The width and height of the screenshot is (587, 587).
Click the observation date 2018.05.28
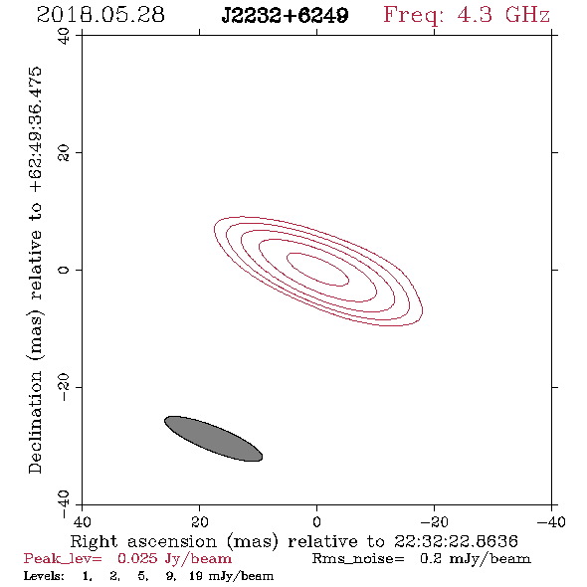click(x=100, y=15)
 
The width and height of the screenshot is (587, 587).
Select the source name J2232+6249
click(x=285, y=15)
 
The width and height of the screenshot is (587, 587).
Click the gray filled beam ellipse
click(x=213, y=439)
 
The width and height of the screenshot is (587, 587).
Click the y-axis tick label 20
click(x=64, y=153)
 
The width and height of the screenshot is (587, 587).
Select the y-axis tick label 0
click(x=64, y=270)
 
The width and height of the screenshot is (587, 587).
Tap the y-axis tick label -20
click(x=64, y=387)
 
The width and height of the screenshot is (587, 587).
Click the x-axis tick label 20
click(x=200, y=521)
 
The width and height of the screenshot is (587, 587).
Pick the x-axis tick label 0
click(x=316, y=521)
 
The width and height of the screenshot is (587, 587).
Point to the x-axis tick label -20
click(x=434, y=521)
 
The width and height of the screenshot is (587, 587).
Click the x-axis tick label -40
click(x=551, y=521)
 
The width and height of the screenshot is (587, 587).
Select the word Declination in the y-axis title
click(x=35, y=422)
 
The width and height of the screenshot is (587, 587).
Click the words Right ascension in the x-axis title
click(x=143, y=541)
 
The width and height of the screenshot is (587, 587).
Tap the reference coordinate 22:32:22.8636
click(x=456, y=541)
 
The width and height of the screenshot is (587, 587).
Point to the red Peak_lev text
click(x=63, y=559)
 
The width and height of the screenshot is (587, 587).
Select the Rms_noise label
click(x=358, y=559)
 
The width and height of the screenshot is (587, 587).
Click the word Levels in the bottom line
click(x=44, y=575)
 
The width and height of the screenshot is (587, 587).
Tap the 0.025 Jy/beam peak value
click(x=174, y=559)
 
